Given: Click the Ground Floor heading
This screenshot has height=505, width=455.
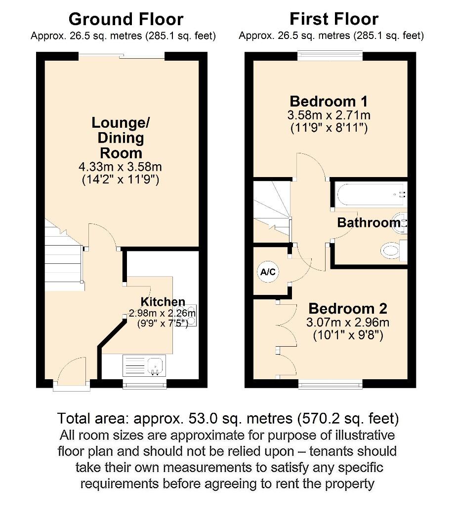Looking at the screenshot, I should [x=126, y=19].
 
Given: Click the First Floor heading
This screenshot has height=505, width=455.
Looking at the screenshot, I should [x=333, y=19].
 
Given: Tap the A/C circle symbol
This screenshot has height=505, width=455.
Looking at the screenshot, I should [x=268, y=272].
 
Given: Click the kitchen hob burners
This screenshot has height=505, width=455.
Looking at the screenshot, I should [x=192, y=314].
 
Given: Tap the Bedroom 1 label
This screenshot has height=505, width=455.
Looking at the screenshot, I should [x=329, y=102].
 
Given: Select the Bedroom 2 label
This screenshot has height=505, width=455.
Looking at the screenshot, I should [x=348, y=309].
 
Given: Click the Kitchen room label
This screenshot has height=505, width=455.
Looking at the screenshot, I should [x=163, y=302].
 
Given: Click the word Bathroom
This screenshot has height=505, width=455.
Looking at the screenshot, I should [x=368, y=223].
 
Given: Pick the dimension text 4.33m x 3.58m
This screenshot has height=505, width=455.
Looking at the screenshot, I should [x=121, y=167].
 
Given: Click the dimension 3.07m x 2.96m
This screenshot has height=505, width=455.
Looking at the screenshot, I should [x=348, y=323].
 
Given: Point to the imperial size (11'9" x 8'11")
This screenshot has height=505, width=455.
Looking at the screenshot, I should [x=329, y=129].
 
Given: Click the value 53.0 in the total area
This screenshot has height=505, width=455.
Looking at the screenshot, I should [x=206, y=419].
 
